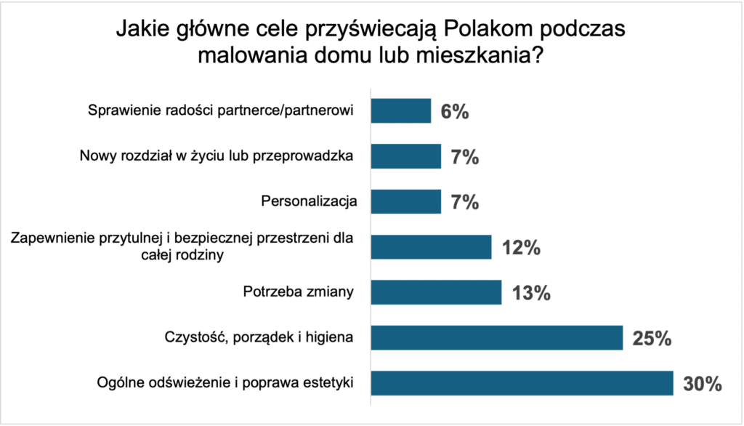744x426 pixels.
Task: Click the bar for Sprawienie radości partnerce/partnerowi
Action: click(x=401, y=110)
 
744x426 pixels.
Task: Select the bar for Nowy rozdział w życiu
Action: click(x=406, y=156)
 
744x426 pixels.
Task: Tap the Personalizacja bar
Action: click(x=406, y=201)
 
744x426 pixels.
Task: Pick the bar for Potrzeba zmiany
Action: click(x=436, y=292)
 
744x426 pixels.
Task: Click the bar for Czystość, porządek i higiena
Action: click(x=497, y=337)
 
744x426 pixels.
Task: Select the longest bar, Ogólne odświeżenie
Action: click(x=522, y=383)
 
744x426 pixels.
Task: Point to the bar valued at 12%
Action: click(x=432, y=246)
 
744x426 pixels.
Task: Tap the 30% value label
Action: click(x=701, y=384)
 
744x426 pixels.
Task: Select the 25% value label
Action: click(x=651, y=338)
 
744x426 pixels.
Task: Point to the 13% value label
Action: click(x=530, y=293)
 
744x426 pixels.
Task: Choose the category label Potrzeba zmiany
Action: click(x=297, y=292)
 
